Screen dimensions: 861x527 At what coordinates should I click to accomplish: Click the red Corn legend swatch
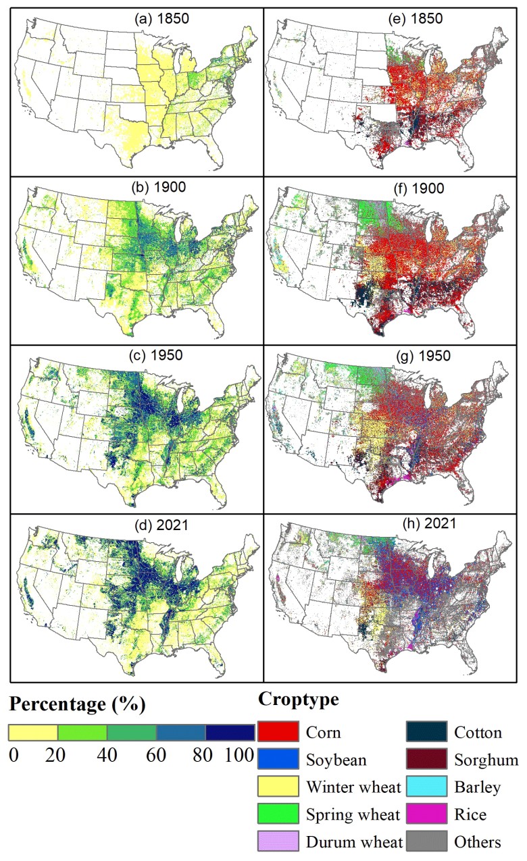coord(278,732)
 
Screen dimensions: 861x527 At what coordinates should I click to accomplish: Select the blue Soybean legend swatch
coord(278,760)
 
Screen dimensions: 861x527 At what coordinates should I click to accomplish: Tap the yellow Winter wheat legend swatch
coord(278,787)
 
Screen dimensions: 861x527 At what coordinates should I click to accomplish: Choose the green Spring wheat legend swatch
coord(278,814)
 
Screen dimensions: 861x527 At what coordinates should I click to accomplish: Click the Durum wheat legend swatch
coord(278,841)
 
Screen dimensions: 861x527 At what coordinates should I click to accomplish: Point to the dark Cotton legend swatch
coord(426,732)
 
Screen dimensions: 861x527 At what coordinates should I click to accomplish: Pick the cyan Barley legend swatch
coord(426,787)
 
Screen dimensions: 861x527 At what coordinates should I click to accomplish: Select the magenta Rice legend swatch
coord(426,814)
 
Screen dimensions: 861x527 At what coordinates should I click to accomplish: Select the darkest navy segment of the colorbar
coord(230,733)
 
